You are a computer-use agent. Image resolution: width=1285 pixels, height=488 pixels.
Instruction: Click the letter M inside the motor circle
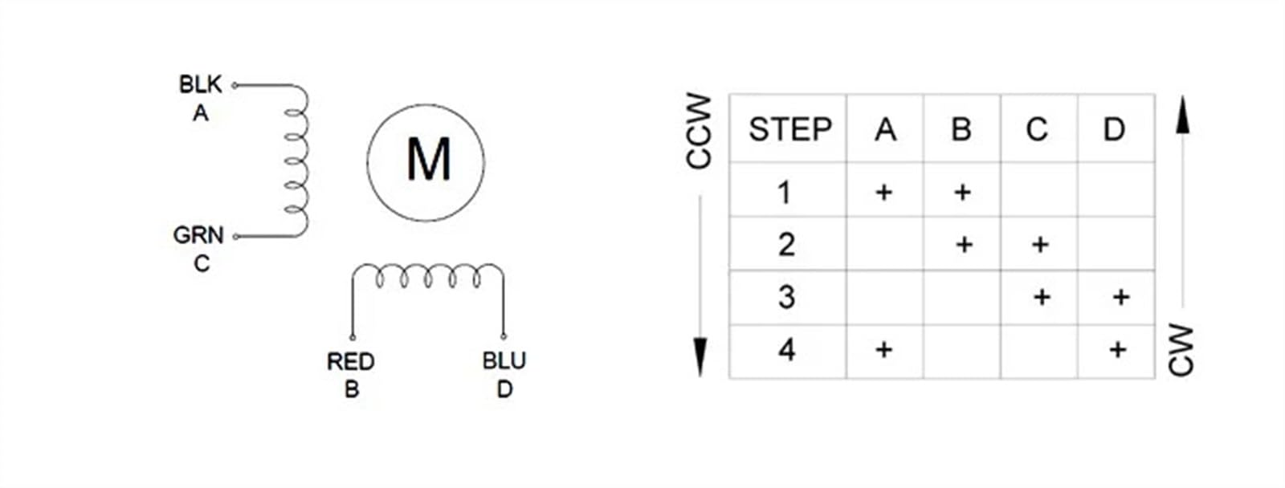429,159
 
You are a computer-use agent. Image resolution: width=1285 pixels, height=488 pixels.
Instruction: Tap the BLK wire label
200,84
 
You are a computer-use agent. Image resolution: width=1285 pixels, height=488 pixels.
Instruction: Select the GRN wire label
198,235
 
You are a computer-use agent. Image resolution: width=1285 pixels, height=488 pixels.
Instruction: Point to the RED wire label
350,361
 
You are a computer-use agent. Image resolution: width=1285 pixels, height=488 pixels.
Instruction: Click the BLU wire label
504,360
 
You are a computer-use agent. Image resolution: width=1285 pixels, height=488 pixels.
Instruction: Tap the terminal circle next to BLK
234,85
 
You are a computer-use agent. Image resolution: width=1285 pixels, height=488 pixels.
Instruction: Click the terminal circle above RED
353,337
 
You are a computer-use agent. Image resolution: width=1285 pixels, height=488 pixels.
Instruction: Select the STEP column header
790,129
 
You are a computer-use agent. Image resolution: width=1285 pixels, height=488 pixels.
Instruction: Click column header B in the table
961,129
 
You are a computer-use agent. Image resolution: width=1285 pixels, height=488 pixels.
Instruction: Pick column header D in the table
1114,129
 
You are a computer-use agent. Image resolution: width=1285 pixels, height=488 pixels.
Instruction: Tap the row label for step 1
785,192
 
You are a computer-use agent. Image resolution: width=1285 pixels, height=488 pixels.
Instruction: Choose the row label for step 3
786,297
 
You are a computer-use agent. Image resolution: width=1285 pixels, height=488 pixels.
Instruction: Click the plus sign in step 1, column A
884,192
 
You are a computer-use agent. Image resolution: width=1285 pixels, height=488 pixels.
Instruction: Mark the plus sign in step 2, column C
1040,245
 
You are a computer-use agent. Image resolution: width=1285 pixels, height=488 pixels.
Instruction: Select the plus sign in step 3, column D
1121,297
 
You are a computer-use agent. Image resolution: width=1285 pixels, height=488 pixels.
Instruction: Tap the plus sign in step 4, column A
884,349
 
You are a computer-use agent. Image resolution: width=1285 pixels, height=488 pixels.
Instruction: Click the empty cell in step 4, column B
962,352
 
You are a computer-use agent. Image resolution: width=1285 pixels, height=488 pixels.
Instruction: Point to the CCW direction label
699,131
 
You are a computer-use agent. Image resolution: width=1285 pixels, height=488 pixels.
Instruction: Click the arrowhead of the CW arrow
1182,115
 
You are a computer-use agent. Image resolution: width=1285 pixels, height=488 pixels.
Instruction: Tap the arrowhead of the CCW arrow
700,356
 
